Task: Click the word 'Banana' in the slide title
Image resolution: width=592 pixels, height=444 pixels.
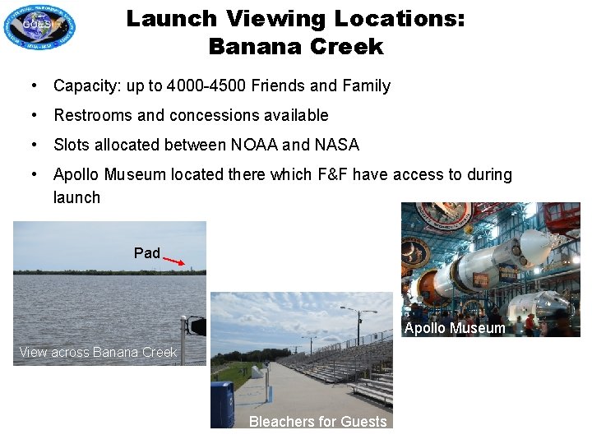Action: [251, 47]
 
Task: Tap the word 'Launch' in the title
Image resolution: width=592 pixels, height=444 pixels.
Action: [171, 18]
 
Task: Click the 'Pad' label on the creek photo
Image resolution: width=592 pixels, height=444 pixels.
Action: [147, 252]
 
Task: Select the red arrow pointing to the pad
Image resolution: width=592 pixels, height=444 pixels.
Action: [173, 261]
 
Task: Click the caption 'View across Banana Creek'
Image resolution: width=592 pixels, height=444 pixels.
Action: [98, 352]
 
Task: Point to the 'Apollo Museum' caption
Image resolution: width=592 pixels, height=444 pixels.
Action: [455, 328]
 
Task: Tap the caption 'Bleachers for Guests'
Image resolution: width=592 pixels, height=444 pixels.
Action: [317, 421]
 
